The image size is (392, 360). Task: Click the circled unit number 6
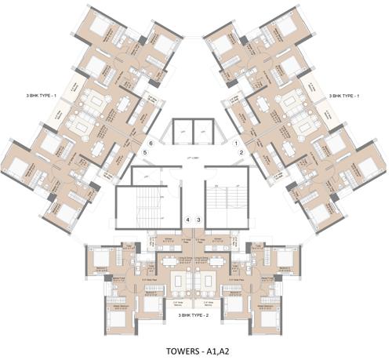[149, 144]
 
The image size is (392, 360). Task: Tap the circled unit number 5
[145, 153]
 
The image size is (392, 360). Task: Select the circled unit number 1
[237, 144]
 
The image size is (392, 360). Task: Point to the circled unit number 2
[241, 153]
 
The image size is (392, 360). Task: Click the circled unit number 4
[188, 220]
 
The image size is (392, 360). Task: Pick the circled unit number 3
[199, 220]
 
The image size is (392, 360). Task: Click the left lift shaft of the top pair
[183, 131]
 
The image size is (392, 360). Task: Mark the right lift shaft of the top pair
[204, 131]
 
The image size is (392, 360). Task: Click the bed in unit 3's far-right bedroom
[287, 259]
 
